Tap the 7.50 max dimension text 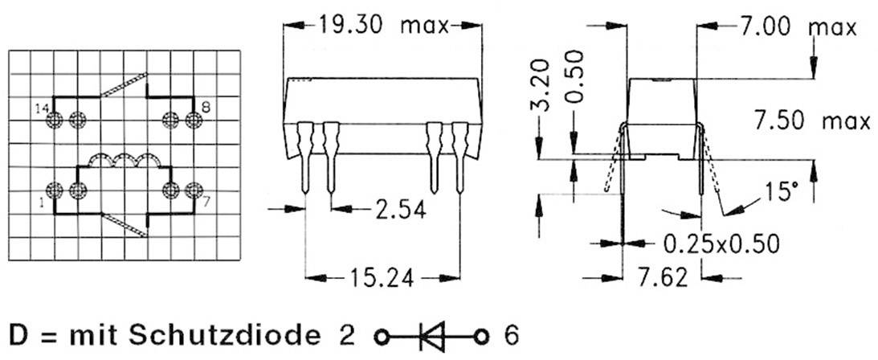812,122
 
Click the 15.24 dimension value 382,279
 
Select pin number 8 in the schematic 206,106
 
